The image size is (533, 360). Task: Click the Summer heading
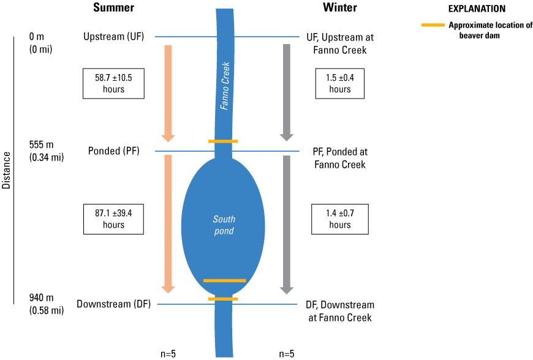click(113, 8)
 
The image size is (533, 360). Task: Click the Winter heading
click(340, 8)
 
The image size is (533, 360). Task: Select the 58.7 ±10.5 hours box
click(113, 83)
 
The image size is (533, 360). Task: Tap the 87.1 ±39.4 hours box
click(113, 219)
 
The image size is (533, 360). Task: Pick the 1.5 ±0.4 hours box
click(340, 83)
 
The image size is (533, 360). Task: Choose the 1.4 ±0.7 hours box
click(340, 219)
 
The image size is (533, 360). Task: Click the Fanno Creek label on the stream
click(225, 86)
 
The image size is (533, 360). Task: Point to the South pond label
click(224, 225)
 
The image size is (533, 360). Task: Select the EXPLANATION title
click(477, 9)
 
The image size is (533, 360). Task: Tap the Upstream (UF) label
click(113, 37)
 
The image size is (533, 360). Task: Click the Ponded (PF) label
click(113, 151)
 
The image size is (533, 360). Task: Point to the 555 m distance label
click(42, 145)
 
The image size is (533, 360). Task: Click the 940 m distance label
click(42, 298)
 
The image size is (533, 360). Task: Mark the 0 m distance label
click(37, 37)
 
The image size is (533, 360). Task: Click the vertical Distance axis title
click(7, 170)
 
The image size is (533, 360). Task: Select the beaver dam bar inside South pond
click(224, 280)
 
